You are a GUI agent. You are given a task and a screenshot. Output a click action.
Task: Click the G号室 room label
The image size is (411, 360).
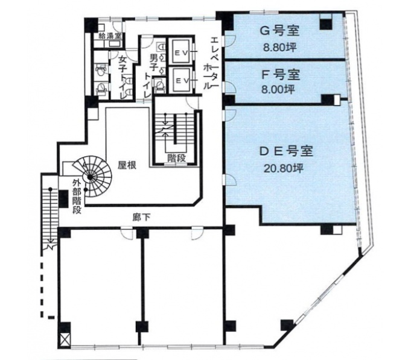279,31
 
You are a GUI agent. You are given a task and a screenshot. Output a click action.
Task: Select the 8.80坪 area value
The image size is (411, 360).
279,48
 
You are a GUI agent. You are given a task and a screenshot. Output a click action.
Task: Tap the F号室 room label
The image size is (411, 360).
281,75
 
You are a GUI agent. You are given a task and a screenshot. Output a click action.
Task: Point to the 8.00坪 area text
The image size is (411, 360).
278,89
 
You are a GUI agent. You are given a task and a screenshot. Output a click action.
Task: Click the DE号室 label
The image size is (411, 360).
286,151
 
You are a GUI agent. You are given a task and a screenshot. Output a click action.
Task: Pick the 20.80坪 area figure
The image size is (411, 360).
284,168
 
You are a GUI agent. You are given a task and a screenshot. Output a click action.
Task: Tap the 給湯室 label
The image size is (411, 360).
109,36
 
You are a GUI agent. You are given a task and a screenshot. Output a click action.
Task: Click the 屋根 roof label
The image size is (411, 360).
127,165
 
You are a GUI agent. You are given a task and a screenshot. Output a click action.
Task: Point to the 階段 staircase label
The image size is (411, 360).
176,158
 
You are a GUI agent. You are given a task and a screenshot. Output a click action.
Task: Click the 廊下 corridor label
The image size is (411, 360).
142,217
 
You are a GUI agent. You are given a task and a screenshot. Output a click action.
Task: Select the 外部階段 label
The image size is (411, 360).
77,197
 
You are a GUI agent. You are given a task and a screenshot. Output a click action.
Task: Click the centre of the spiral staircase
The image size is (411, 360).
90,177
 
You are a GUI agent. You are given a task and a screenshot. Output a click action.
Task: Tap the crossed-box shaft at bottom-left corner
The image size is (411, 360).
65,341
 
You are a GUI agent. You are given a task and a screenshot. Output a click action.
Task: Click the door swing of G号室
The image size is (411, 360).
231,40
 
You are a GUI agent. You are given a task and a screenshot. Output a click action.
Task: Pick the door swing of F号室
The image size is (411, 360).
231,87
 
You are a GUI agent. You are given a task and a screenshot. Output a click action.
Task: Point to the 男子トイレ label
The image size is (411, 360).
151,75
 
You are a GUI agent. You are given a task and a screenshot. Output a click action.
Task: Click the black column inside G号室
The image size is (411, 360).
326,24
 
